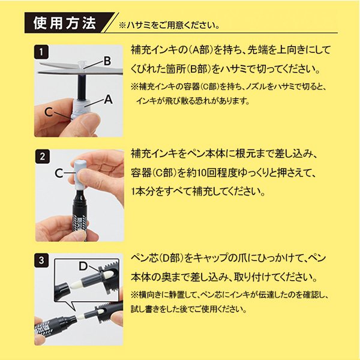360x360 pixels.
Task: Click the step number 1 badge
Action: click(40, 52)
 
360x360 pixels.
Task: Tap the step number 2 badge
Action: click(40, 158)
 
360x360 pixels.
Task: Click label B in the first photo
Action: click(107, 61)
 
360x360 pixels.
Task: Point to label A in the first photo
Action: click(109, 101)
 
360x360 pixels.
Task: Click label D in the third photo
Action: click(83, 265)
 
